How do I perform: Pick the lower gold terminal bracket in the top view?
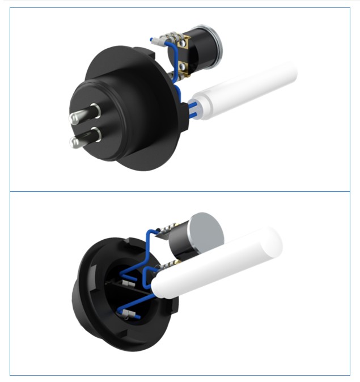(183, 70)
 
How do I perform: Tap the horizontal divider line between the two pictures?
(180, 192)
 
